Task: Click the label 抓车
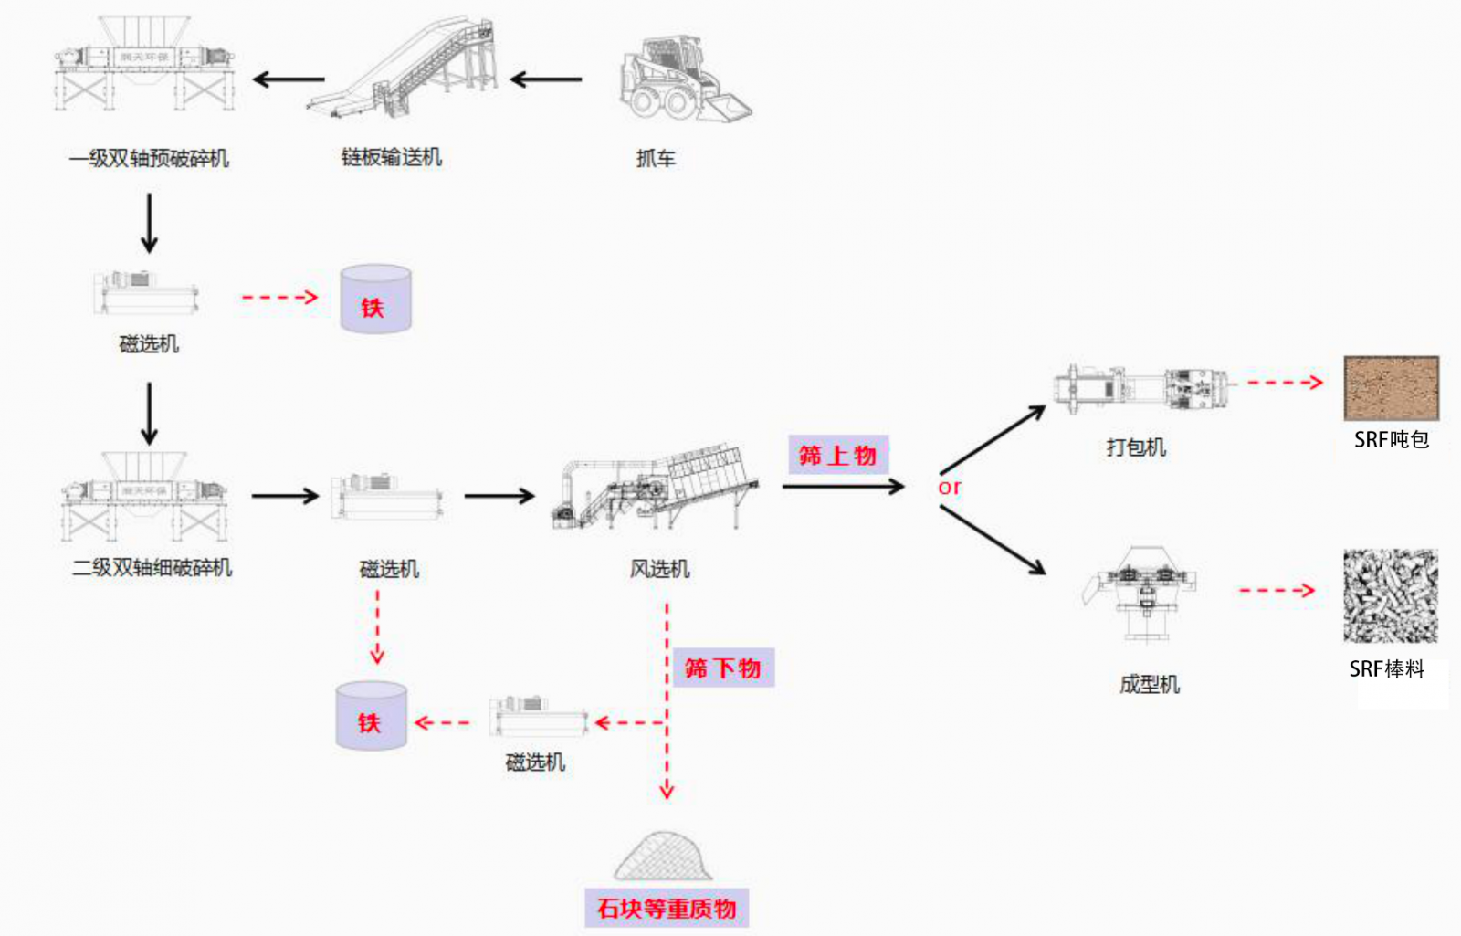click(x=656, y=158)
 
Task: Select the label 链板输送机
click(x=391, y=157)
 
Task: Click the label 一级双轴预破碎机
click(x=149, y=158)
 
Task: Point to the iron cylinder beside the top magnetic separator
click(x=375, y=299)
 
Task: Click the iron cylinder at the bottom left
click(x=371, y=716)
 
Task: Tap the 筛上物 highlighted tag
click(x=837, y=455)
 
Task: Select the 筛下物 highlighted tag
click(x=722, y=668)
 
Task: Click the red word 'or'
click(x=950, y=487)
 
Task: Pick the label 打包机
click(x=1136, y=447)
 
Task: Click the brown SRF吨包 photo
click(x=1391, y=388)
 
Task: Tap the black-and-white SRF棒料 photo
click(x=1390, y=595)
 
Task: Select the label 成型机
click(x=1149, y=684)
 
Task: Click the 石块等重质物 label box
click(x=667, y=908)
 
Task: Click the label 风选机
click(x=659, y=569)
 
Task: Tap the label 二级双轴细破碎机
click(x=152, y=568)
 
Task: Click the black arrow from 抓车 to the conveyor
click(x=546, y=80)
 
